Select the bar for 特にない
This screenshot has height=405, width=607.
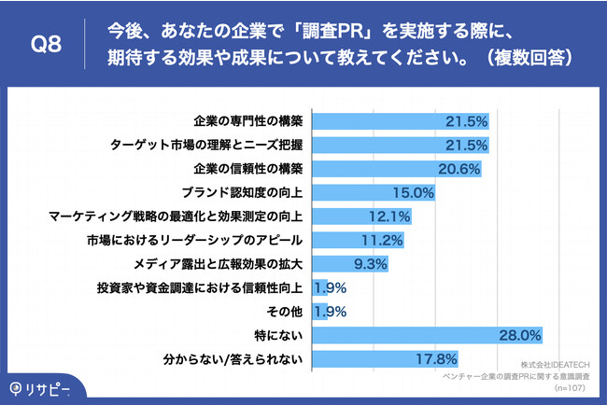[428, 334]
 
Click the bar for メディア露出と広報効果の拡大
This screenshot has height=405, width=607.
[350, 263]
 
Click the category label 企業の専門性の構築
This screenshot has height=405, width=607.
[247, 121]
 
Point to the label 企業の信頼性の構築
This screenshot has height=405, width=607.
[247, 169]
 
